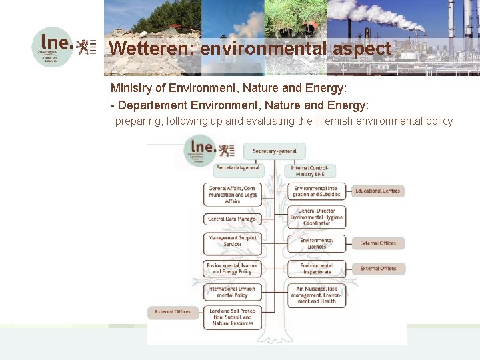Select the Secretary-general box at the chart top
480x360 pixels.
274,151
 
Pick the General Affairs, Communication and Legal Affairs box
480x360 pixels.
232,194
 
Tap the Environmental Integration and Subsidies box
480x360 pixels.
317,191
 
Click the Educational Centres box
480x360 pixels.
377,191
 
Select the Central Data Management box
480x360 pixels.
232,219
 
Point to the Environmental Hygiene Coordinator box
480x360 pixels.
316,217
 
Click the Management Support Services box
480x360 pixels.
232,241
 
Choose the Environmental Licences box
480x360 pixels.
316,243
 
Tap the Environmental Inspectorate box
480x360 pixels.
316,269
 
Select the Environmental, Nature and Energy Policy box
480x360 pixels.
232,269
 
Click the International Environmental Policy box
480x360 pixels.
232,292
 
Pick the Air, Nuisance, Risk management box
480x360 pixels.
316,295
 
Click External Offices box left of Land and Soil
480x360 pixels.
173,311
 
